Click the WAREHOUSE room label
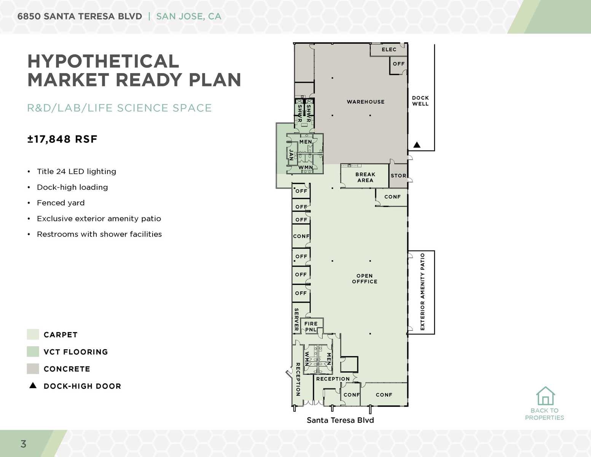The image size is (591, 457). tap(365, 102)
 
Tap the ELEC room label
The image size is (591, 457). tap(389, 50)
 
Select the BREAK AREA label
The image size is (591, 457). tap(365, 177)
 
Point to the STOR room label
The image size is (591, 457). tap(398, 176)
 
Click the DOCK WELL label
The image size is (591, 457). tap(420, 101)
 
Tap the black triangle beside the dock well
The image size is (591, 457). tap(417, 145)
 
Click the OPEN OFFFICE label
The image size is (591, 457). tap(365, 278)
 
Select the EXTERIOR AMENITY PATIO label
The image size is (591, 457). tap(422, 292)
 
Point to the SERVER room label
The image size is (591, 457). tap(296, 320)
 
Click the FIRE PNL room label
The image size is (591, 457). tap(311, 326)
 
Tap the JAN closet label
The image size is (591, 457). tap(291, 154)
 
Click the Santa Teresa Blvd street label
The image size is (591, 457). tap(340, 420)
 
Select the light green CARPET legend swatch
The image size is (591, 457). tap(33, 334)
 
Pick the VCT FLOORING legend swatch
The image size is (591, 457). tap(33, 352)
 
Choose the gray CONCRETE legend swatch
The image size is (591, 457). tap(33, 369)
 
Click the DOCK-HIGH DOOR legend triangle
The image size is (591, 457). tap(33, 385)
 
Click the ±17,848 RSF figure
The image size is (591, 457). tap(62, 139)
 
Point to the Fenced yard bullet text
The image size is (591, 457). tap(61, 203)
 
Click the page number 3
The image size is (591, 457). tap(24, 444)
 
